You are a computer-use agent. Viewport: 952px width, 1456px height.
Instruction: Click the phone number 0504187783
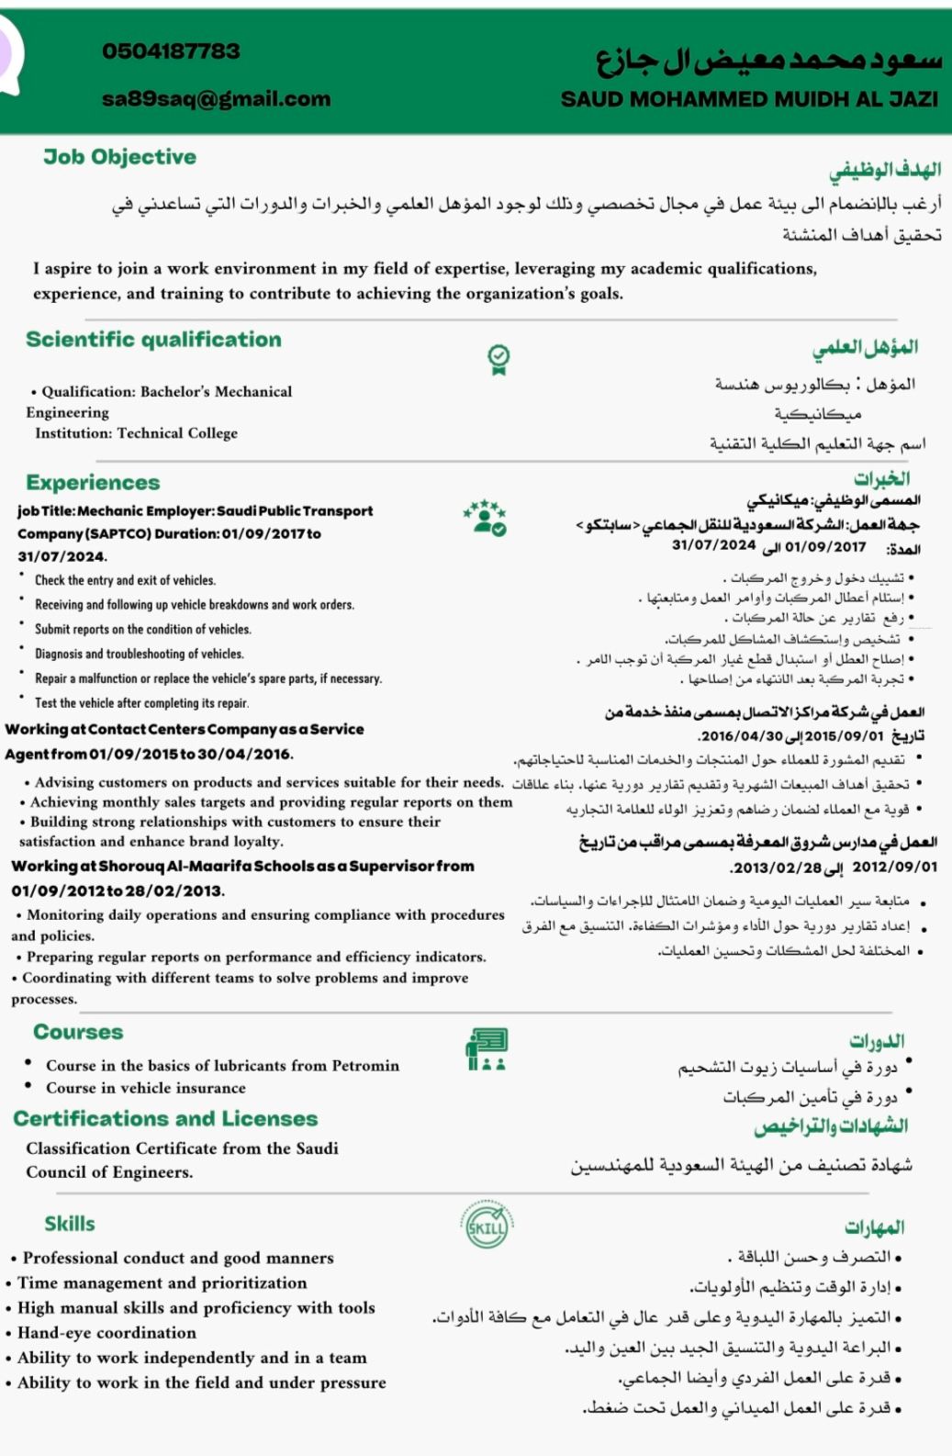(x=171, y=51)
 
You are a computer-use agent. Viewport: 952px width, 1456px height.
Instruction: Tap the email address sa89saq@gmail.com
(x=216, y=99)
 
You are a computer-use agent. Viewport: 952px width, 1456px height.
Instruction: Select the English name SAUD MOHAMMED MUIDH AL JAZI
(x=749, y=99)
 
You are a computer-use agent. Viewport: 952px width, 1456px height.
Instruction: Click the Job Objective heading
(x=119, y=157)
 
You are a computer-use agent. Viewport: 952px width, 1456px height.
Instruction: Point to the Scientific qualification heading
(x=153, y=340)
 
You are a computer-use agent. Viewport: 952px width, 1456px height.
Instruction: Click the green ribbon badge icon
(x=498, y=360)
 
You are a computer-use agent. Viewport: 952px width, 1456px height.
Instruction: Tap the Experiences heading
(x=93, y=483)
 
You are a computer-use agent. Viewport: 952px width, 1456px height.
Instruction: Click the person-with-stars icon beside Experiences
(x=486, y=518)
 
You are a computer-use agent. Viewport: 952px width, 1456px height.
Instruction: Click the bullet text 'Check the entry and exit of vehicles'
(x=125, y=580)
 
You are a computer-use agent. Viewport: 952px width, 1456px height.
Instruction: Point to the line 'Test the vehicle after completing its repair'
(x=141, y=703)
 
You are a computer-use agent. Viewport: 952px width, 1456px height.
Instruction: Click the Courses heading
(x=78, y=1032)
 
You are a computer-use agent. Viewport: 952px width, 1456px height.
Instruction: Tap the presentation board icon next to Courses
(x=487, y=1049)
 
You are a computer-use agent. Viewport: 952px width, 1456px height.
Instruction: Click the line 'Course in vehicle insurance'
(x=146, y=1088)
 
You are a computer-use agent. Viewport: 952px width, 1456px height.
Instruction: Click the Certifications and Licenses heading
(x=165, y=1119)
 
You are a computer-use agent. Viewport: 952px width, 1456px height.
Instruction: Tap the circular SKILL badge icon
(x=487, y=1226)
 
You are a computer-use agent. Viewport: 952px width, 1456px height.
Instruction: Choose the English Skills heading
(x=70, y=1224)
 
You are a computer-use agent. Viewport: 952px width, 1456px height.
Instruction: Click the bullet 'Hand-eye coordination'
(x=106, y=1333)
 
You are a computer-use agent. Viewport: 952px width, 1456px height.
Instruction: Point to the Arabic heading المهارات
(x=874, y=1227)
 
